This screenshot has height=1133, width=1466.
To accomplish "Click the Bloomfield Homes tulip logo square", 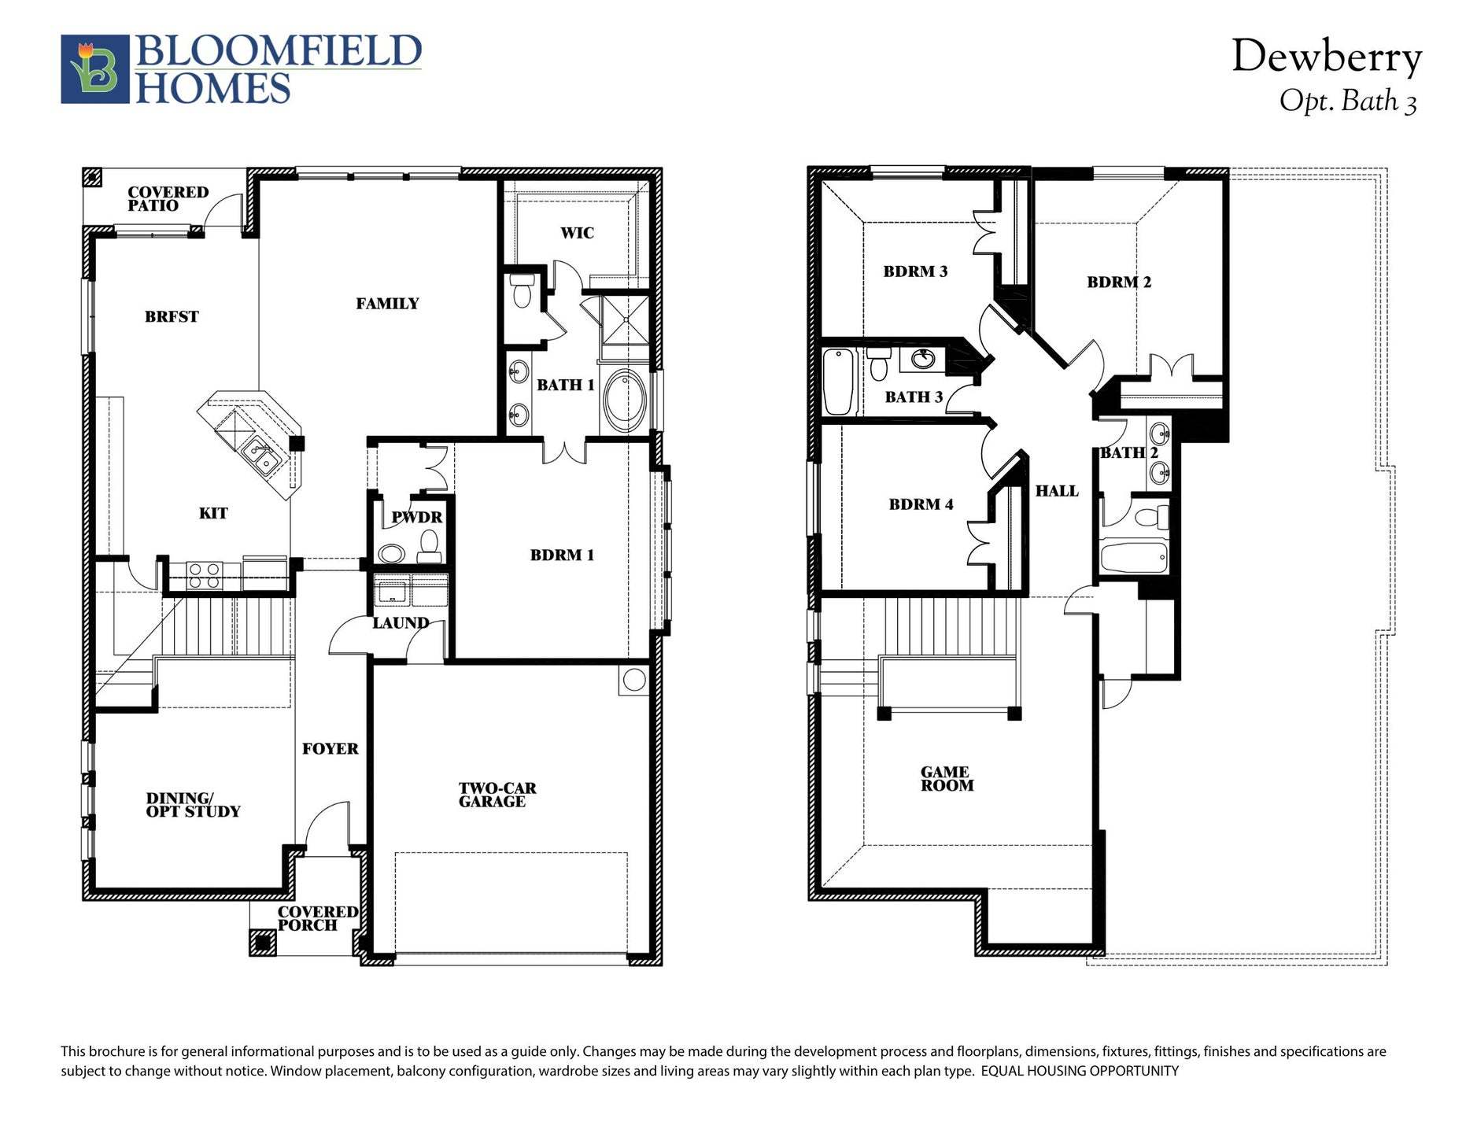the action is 95,69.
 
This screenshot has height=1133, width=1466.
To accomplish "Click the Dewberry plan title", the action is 1327,57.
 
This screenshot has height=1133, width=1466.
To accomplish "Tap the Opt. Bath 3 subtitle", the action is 1348,101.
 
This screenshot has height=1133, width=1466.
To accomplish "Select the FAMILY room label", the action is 387,304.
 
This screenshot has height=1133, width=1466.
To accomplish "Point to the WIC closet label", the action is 577,233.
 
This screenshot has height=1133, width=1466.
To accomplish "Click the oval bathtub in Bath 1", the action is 625,400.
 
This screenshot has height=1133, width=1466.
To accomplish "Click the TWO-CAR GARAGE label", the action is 497,795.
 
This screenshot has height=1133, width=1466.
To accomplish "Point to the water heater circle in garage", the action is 633,680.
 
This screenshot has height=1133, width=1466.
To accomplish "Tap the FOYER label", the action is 330,749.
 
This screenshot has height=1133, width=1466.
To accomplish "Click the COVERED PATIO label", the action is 168,199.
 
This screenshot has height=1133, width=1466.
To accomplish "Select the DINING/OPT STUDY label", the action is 193,805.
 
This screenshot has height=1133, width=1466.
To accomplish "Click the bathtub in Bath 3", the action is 839,382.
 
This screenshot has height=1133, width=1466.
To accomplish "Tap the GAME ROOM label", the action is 947,779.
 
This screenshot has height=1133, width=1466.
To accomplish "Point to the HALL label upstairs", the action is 1057,491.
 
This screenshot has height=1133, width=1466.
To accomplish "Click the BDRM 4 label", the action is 921,504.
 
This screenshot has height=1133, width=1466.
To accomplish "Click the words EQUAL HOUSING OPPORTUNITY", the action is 1080,1071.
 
